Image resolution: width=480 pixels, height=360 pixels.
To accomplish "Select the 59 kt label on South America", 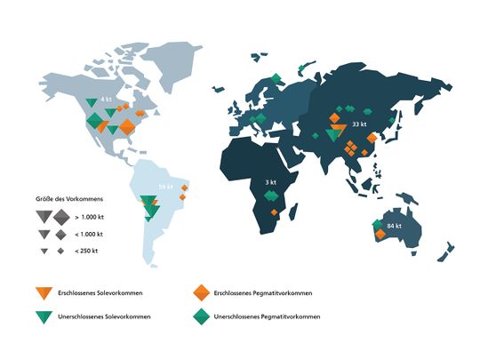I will [x=166, y=187].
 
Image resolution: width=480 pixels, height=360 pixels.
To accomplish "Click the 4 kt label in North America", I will [x=106, y=99].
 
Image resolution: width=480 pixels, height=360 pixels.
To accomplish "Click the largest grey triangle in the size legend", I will [x=43, y=216].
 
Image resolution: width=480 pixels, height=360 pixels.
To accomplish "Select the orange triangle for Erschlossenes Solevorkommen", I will [x=40, y=292].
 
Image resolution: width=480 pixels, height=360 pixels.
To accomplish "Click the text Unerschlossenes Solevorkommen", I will [x=100, y=316].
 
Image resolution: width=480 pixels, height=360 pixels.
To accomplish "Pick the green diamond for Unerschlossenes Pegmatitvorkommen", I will [x=201, y=316].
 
